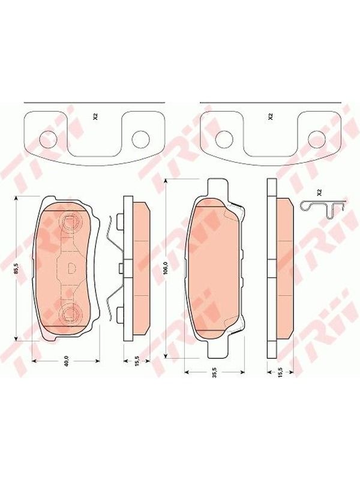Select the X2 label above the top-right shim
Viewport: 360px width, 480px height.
point(270,116)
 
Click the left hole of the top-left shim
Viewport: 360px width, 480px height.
point(48,139)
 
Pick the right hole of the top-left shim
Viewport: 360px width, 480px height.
point(140,139)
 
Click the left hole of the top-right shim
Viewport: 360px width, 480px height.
point(224,139)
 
